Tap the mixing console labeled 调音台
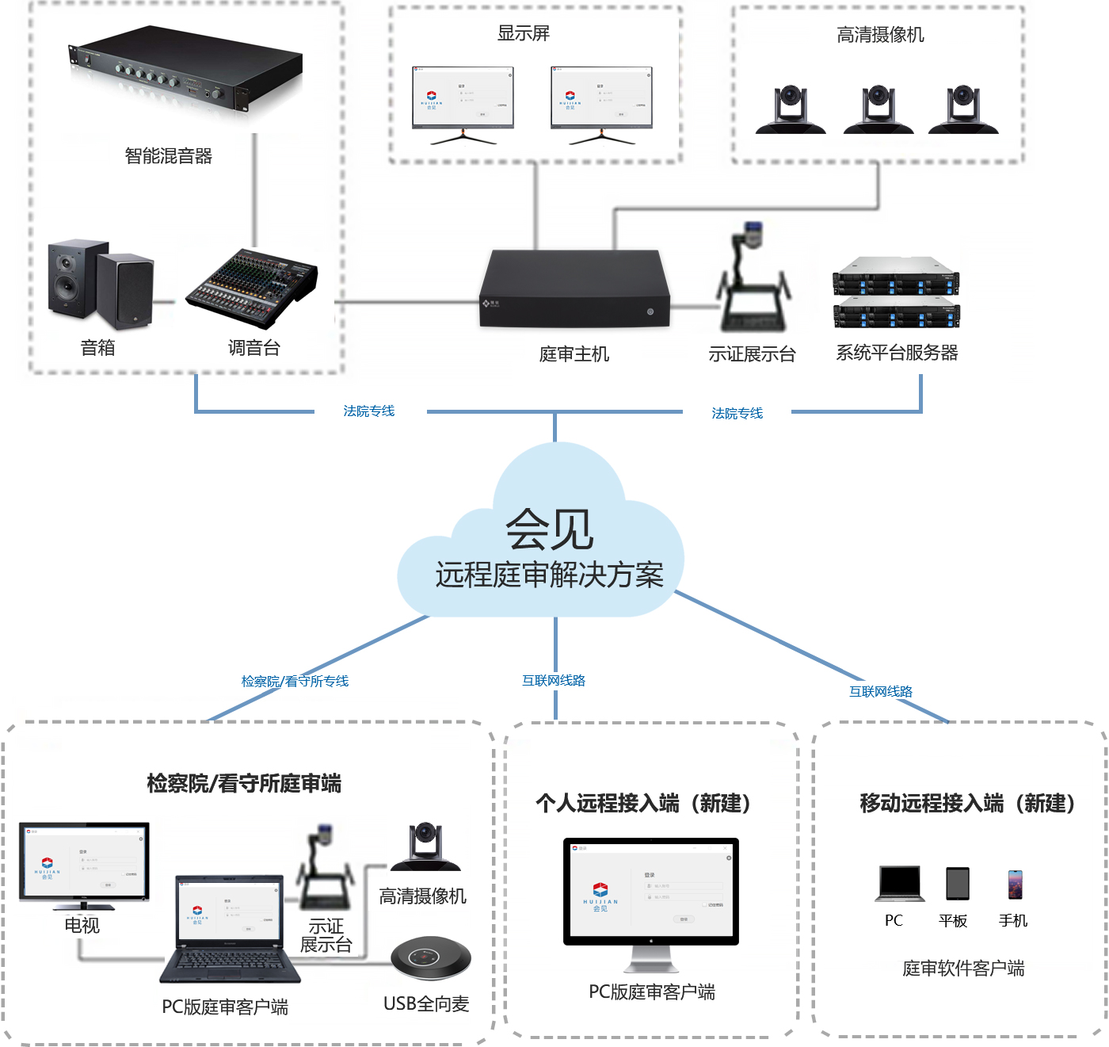[252, 289]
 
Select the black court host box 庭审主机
[574, 288]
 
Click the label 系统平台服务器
[897, 353]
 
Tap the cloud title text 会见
[550, 529]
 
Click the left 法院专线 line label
[368, 411]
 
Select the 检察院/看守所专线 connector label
[295, 681]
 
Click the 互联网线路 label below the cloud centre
[553, 680]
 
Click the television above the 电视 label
[84, 865]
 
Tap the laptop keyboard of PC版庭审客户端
[229, 961]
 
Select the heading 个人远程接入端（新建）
[642, 804]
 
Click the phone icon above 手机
[1015, 884]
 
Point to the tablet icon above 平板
[957, 883]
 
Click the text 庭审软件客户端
[963, 969]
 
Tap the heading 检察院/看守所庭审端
[244, 784]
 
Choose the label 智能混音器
[169, 156]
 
